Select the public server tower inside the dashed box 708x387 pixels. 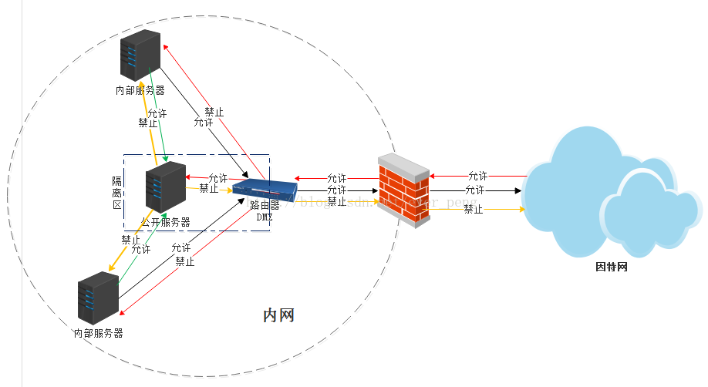click(x=166, y=187)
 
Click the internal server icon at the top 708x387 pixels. click(x=140, y=55)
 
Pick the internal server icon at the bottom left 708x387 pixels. click(x=98, y=298)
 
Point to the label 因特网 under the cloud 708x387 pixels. click(x=612, y=268)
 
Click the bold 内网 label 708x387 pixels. click(x=278, y=315)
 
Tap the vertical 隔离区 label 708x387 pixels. click(x=117, y=193)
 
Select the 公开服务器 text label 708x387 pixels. click(x=166, y=222)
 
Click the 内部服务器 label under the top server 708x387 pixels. click(x=140, y=90)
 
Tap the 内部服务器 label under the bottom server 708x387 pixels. click(x=98, y=334)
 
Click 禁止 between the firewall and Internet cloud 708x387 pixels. click(x=473, y=209)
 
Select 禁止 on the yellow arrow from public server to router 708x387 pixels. click(x=208, y=188)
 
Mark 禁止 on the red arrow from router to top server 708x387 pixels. click(x=214, y=112)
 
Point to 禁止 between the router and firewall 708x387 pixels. click(x=336, y=201)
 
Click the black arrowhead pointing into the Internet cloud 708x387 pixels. click(x=520, y=190)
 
